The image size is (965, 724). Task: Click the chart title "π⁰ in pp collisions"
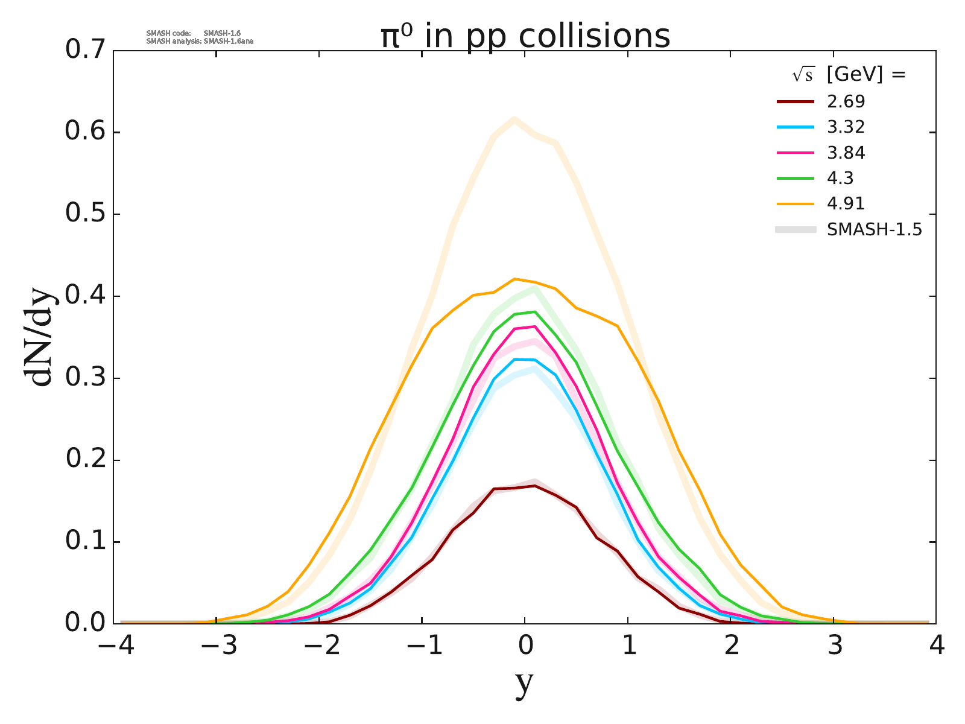525,36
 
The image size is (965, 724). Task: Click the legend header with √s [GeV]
849,74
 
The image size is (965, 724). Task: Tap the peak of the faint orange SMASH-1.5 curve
514,118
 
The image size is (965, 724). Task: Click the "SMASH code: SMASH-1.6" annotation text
194,33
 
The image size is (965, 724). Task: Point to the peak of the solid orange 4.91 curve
514,279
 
